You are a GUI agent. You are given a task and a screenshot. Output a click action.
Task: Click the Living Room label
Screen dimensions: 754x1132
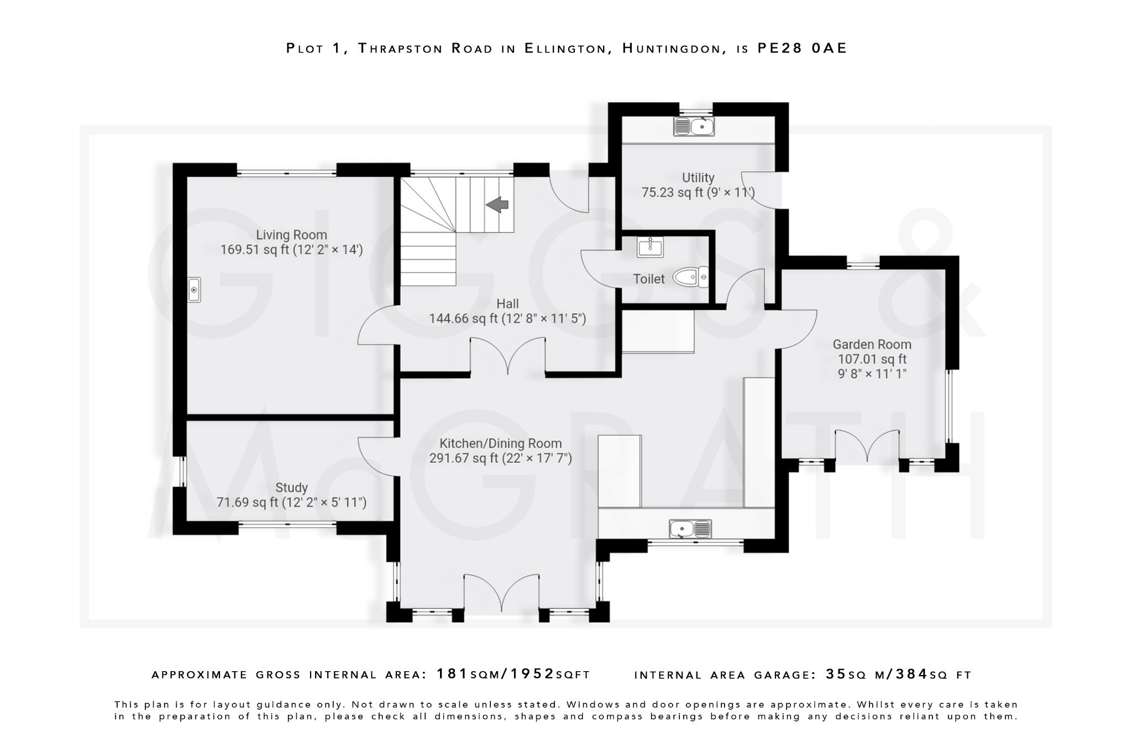pos(291,235)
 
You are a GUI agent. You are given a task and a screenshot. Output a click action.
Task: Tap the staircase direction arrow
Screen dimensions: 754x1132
pos(497,205)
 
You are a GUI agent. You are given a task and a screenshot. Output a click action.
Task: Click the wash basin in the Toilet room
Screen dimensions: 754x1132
pos(650,247)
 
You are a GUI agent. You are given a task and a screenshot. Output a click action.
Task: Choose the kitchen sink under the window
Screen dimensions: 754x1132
pos(690,529)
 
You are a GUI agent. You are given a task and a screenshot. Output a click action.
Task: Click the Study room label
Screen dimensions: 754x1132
pos(291,488)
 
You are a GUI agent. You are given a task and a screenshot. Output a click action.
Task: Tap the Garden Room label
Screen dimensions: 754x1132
pos(872,345)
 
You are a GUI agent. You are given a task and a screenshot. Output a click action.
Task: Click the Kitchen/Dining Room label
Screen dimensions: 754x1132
pos(500,444)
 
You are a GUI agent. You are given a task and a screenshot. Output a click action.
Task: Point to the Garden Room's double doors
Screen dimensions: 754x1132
pos(867,445)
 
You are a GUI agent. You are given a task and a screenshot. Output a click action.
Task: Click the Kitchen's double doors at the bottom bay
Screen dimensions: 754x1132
pos(502,591)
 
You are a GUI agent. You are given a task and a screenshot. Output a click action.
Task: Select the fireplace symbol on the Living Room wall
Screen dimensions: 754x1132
pos(194,289)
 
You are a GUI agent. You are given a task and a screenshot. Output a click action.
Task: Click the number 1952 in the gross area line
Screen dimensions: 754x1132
pos(532,674)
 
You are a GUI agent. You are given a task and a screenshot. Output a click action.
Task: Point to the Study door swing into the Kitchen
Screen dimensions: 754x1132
pos(378,456)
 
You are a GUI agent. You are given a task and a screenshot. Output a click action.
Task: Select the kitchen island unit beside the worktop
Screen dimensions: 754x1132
pos(620,471)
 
